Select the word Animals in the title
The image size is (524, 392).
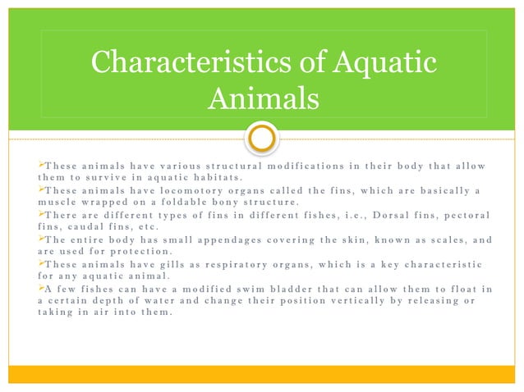[262, 100]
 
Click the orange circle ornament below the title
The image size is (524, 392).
[262, 137]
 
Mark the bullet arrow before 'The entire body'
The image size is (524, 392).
[20, 239]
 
